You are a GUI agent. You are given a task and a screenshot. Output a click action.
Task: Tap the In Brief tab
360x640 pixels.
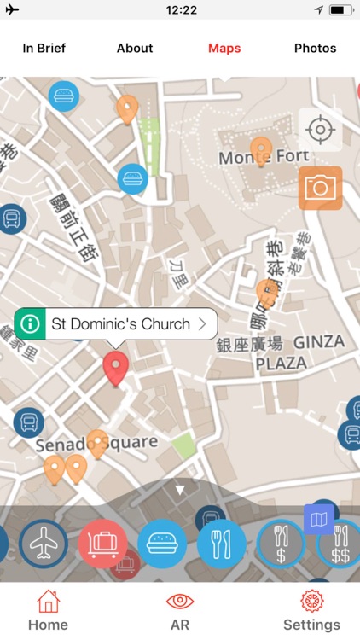(44, 49)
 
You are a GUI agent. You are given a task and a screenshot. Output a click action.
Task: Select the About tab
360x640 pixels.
(135, 49)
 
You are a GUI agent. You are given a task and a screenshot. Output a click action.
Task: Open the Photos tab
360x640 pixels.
(315, 49)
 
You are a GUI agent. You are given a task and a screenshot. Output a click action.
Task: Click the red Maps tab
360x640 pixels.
(224, 49)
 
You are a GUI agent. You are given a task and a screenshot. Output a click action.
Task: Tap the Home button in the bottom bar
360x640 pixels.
(48, 611)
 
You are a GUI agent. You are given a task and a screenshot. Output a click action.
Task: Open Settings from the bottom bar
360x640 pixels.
(311, 611)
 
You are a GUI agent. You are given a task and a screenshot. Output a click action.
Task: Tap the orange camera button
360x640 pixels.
(320, 188)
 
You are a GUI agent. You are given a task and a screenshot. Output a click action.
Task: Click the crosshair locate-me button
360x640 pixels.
(320, 131)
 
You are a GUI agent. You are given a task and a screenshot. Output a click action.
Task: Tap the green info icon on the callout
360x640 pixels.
(31, 324)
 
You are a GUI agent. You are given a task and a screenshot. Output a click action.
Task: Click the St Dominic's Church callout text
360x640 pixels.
(120, 324)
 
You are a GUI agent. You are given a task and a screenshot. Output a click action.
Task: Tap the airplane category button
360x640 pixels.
(44, 544)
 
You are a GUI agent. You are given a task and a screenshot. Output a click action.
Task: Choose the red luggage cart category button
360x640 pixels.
(102, 544)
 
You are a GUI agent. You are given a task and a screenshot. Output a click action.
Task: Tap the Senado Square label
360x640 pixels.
(96, 444)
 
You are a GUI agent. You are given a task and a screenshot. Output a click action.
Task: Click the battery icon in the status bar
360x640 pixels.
(340, 9)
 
